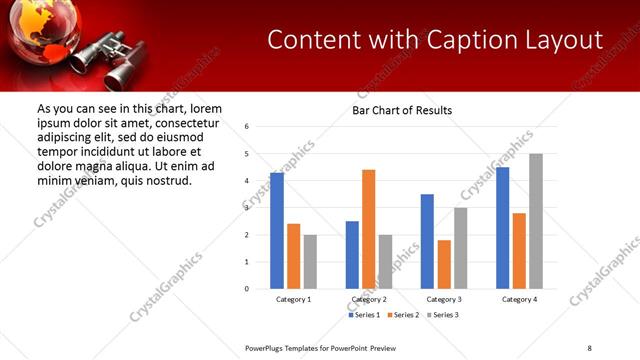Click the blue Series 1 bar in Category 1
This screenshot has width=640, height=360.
pyautogui.click(x=277, y=231)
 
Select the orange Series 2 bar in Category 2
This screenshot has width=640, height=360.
pyautogui.click(x=368, y=229)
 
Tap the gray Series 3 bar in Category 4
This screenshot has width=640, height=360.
pyautogui.click(x=536, y=221)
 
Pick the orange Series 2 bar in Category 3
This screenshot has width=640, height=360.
pyautogui.click(x=444, y=264)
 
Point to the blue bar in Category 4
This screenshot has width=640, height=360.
pyautogui.click(x=503, y=228)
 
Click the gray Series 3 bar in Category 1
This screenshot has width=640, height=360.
pyautogui.click(x=310, y=262)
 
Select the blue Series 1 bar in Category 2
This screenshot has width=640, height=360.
pyautogui.click(x=352, y=255)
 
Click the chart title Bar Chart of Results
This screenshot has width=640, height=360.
pyautogui.click(x=402, y=110)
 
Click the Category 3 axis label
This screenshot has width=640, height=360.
pyautogui.click(x=444, y=299)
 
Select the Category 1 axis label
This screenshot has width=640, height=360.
pyautogui.click(x=293, y=299)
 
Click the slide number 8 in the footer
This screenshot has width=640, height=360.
pyautogui.click(x=590, y=348)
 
